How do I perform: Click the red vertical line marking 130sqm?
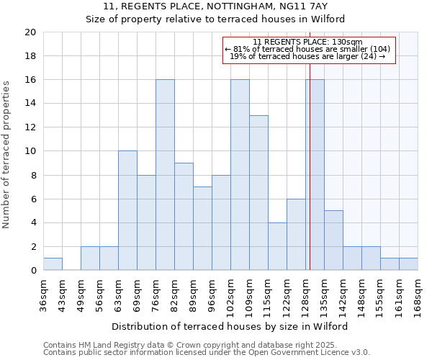[310, 180]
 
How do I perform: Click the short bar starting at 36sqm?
[53, 264]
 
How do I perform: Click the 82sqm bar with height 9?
[184, 217]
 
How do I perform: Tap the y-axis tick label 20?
[30, 32]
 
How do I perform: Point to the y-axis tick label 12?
[30, 127]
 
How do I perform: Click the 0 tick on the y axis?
[32, 271]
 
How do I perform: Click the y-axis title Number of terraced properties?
[6, 155]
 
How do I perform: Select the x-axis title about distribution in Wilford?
[230, 326]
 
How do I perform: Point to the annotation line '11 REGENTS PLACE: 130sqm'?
[309, 42]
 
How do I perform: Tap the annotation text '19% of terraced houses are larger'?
[309, 56]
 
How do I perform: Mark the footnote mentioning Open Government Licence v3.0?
[207, 353]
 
